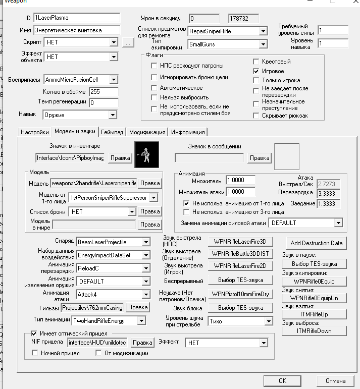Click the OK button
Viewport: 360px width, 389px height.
282,380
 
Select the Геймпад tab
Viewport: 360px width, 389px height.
112,132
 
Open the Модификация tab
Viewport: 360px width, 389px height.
147,132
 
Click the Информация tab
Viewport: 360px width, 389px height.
187,132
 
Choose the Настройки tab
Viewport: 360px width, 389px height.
34,132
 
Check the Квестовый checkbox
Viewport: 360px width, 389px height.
256,62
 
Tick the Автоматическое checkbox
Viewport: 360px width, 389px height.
155,88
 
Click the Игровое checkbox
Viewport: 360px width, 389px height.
256,71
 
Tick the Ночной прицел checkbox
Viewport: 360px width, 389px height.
36,353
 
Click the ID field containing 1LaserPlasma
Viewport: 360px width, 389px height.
76,18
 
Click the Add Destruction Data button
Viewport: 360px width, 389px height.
317,243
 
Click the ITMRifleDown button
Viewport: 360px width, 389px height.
315,331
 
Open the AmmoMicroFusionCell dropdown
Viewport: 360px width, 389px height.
114,80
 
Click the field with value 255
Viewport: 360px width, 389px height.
103,92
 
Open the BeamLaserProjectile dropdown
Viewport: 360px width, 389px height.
145,242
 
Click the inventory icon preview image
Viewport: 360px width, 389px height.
146,154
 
